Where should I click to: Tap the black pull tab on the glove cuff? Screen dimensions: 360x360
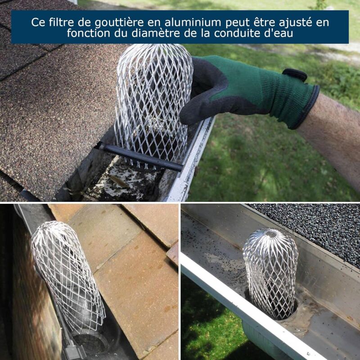click(x=295, y=75)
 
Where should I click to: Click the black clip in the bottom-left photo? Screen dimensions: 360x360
click(x=72, y=351)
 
